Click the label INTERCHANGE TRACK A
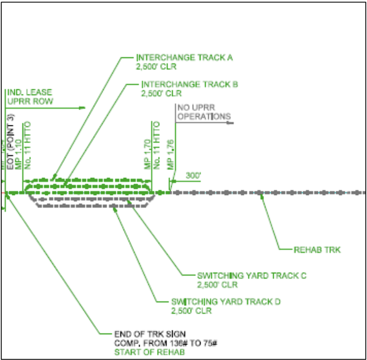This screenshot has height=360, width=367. pyautogui.click(x=184, y=58)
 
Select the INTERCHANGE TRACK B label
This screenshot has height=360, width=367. pyautogui.click(x=190, y=85)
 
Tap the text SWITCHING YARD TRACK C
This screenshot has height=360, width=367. pyautogui.click(x=252, y=276)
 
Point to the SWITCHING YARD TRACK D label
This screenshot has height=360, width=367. pyautogui.click(x=226, y=302)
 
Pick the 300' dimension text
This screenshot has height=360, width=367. pyautogui.click(x=193, y=175)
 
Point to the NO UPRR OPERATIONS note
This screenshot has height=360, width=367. pyautogui.click(x=203, y=112)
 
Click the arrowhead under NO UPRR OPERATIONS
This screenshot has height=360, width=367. pyautogui.click(x=231, y=123)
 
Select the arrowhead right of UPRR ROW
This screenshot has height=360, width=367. pyautogui.click(x=82, y=108)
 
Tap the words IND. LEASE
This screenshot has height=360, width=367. pyautogui.click(x=29, y=92)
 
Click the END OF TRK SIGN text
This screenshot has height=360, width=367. pyautogui.click(x=150, y=334)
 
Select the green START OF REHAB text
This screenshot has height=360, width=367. pyautogui.click(x=143, y=352)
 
